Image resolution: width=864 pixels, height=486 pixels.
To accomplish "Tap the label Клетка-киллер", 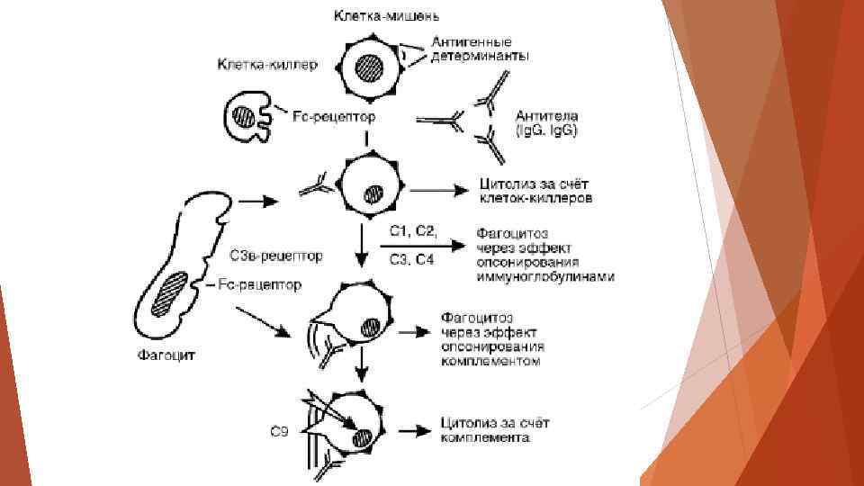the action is click(263, 65).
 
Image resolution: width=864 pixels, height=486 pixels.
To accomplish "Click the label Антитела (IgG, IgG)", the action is click(546, 123).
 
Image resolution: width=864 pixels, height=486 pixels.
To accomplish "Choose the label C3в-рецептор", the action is click(276, 256).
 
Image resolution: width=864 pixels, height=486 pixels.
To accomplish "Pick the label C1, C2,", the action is click(413, 231).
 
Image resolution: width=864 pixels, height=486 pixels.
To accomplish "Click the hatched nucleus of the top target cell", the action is click(369, 67).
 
